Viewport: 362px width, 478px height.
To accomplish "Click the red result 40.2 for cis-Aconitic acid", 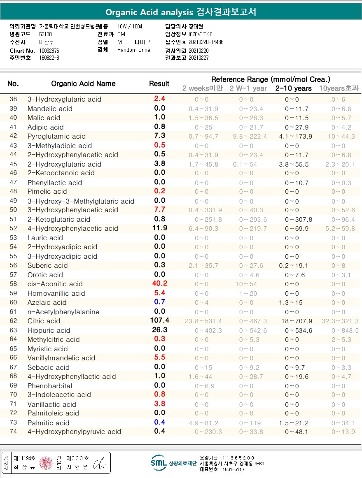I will pyautogui.click(x=159, y=283).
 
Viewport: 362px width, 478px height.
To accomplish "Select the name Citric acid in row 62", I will pyautogui.click(x=44, y=321).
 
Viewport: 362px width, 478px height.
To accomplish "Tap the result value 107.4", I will pyautogui.click(x=159, y=320).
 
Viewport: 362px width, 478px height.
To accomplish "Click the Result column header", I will pyautogui.click(x=159, y=84).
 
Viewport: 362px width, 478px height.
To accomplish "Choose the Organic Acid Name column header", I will pyautogui.click(x=83, y=84).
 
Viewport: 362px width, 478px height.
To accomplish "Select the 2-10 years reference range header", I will pyautogui.click(x=293, y=88).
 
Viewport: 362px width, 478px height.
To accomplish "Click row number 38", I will pyautogui.click(x=13, y=99).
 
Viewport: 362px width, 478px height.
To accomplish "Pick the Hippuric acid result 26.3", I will pyautogui.click(x=159, y=329).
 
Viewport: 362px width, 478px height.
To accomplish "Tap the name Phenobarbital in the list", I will pyautogui.click(x=49, y=386).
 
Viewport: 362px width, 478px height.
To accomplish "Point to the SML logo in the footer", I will pyautogui.click(x=159, y=462).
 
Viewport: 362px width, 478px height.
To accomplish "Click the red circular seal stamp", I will pyautogui.click(x=46, y=463).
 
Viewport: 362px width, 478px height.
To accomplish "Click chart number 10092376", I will pyautogui.click(x=49, y=51).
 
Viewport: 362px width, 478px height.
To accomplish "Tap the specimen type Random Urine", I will pyautogui.click(x=134, y=50).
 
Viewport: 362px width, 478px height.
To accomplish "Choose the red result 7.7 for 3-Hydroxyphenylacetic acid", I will pyautogui.click(x=159, y=209).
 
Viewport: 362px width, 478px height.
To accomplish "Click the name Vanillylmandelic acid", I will pyautogui.click(x=61, y=358).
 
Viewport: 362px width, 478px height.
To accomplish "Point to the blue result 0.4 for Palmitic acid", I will pyautogui.click(x=159, y=422).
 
